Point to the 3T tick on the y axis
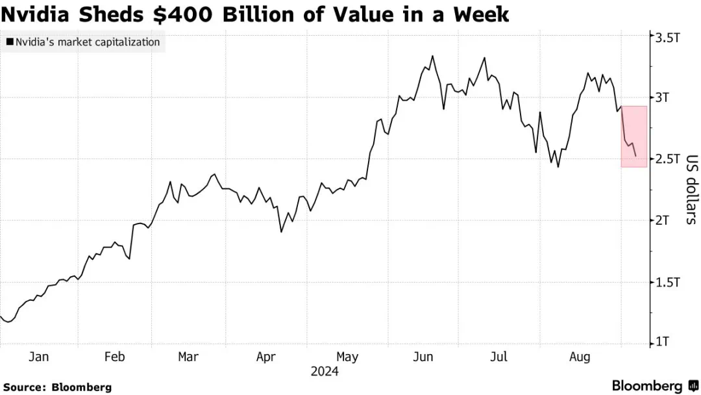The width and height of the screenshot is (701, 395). coord(663,98)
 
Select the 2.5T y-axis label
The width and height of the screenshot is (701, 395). coord(667,159)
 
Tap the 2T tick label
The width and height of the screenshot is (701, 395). coord(663,220)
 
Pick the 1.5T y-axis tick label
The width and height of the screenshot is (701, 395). coord(667,282)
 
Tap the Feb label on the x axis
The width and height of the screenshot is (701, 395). coord(114,357)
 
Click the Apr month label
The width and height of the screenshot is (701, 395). coord(267,357)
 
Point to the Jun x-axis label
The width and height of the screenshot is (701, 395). coord(423,357)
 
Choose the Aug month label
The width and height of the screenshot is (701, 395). coord(580,357)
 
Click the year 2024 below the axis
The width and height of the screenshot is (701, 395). coord(324,372)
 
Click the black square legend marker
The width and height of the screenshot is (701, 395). coord(9,42)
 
